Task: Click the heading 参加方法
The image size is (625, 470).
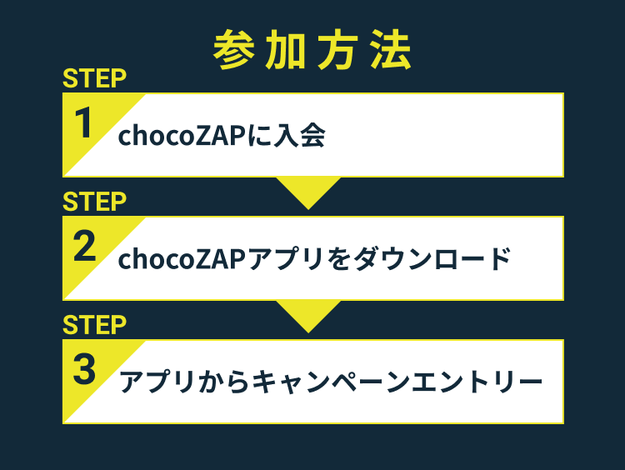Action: click(x=312, y=50)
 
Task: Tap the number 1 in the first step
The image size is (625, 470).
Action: click(x=83, y=122)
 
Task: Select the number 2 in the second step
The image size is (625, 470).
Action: click(x=84, y=246)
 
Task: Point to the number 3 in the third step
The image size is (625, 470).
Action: click(x=84, y=369)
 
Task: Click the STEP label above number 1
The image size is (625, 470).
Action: click(x=94, y=78)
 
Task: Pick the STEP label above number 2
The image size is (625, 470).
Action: click(x=94, y=202)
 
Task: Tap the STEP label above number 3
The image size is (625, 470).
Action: click(x=94, y=325)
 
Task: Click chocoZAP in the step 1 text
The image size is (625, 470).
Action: click(x=182, y=136)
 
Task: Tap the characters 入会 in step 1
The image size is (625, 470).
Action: click(x=299, y=136)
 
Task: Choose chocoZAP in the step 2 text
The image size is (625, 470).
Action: click(x=182, y=258)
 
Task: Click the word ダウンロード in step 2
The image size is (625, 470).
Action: click(x=432, y=258)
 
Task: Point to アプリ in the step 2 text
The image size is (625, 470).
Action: click(x=286, y=258)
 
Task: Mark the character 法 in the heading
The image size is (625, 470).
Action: click(x=391, y=50)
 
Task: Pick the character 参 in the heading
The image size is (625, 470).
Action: click(x=233, y=50)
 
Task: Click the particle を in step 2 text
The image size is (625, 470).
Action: click(x=339, y=258)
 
